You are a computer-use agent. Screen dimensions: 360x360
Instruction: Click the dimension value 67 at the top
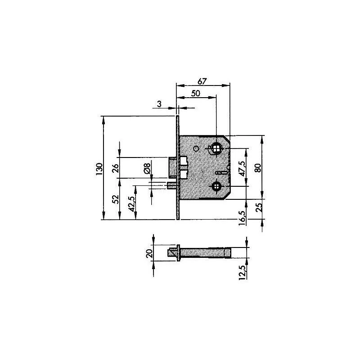click(202, 81)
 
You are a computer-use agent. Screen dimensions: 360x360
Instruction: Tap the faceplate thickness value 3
click(159, 104)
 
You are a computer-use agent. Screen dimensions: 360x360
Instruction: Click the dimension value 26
click(116, 168)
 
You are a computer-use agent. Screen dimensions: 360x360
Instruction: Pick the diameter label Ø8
click(147, 168)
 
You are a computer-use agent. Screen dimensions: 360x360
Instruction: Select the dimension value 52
click(116, 199)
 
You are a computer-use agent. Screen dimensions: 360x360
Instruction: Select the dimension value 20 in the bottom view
click(150, 253)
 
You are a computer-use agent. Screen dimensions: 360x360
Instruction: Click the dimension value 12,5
click(243, 272)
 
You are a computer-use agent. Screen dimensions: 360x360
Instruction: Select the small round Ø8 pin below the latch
click(171, 185)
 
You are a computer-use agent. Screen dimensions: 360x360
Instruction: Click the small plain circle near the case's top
click(196, 149)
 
